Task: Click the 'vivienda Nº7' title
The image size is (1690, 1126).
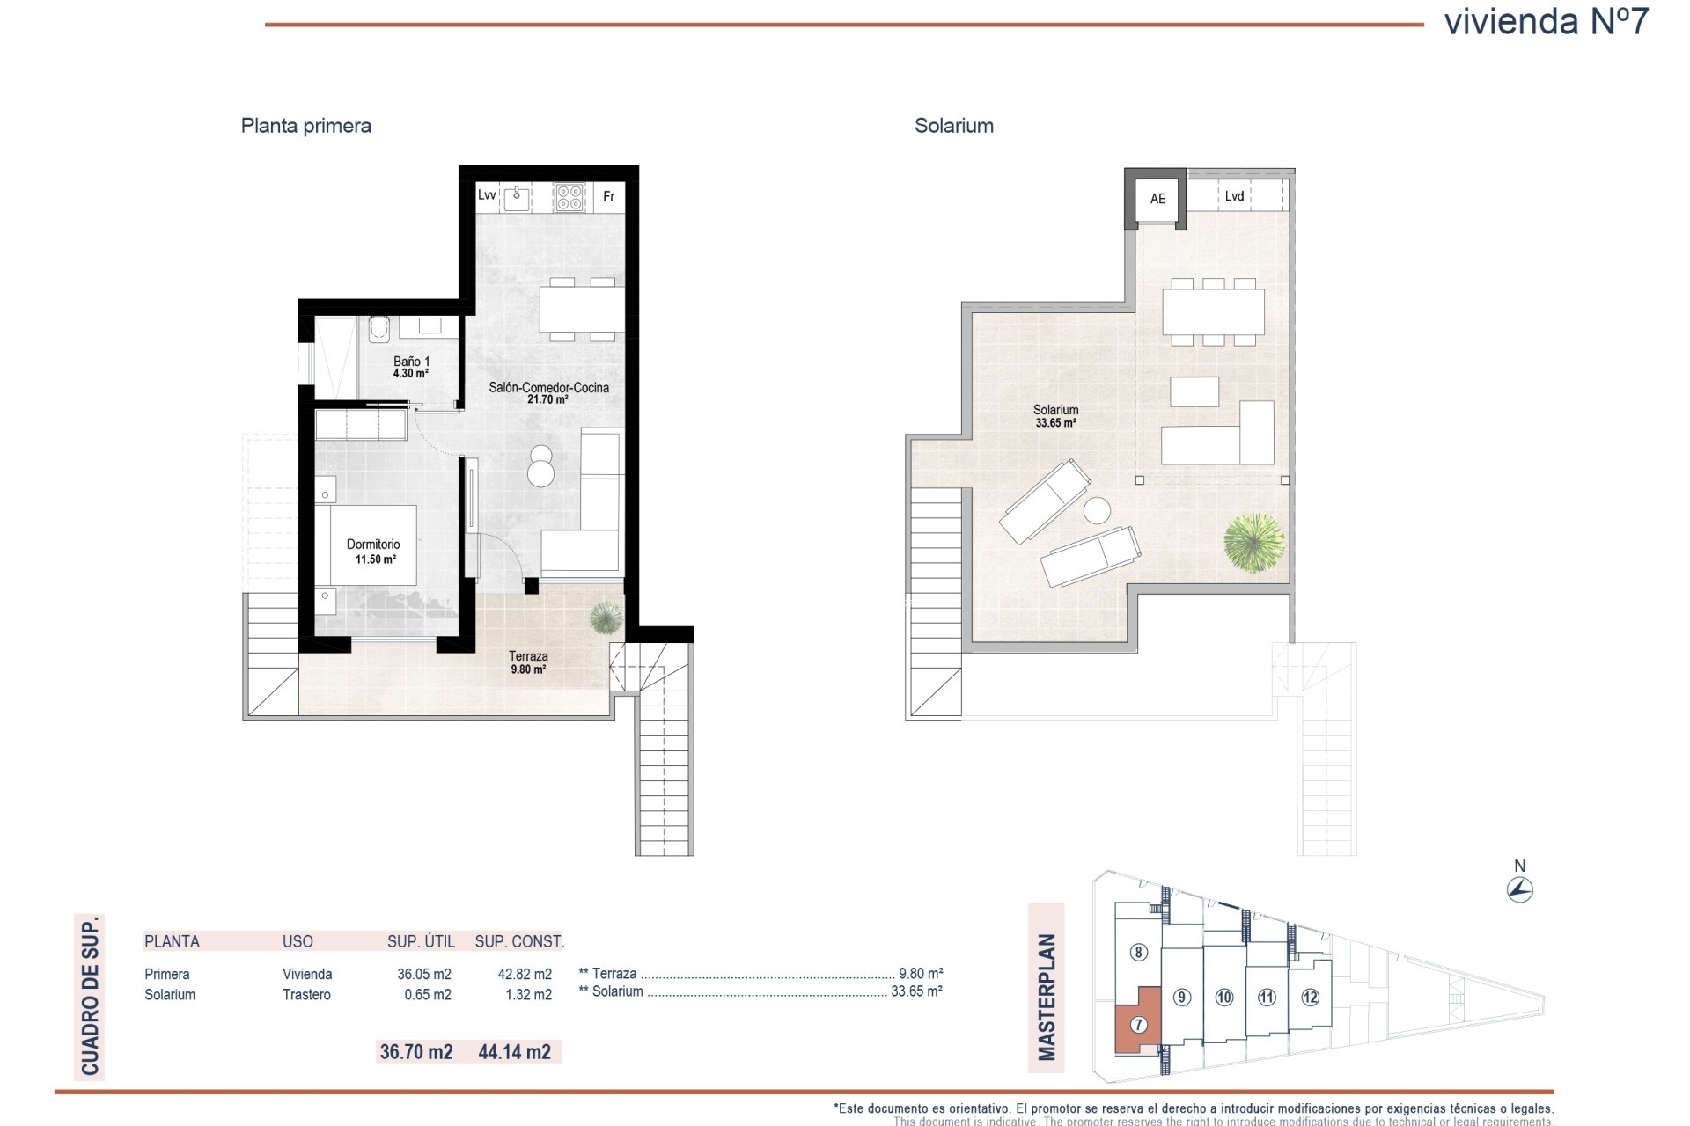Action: pyautogui.click(x=1547, y=21)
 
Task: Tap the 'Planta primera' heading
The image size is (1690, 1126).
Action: pyautogui.click(x=306, y=126)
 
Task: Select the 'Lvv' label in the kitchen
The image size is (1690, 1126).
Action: pyautogui.click(x=487, y=195)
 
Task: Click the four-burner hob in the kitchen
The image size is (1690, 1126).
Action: pyautogui.click(x=569, y=197)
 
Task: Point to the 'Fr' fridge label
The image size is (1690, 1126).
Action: pyautogui.click(x=608, y=196)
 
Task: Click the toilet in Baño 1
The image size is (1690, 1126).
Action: pyautogui.click(x=379, y=329)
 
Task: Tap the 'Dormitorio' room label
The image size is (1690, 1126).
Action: pyautogui.click(x=373, y=545)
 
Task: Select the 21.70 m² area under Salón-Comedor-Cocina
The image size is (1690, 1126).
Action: pyautogui.click(x=547, y=399)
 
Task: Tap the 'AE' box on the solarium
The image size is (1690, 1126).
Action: pyautogui.click(x=1157, y=199)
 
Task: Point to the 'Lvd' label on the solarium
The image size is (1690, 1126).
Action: pyautogui.click(x=1234, y=196)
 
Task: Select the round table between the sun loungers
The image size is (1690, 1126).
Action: pyautogui.click(x=1097, y=511)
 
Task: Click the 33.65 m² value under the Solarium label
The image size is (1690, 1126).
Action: pyautogui.click(x=1055, y=423)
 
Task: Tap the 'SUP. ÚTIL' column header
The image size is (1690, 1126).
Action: pyautogui.click(x=421, y=941)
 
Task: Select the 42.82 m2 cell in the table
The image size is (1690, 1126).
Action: pyautogui.click(x=525, y=974)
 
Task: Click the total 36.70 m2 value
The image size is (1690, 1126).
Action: pyautogui.click(x=416, y=1051)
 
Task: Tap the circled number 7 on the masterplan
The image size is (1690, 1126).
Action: pyautogui.click(x=1138, y=1025)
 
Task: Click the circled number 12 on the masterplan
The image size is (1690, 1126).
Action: pyautogui.click(x=1310, y=998)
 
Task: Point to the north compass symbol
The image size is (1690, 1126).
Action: pyautogui.click(x=1520, y=890)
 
